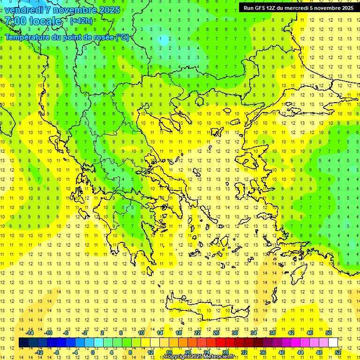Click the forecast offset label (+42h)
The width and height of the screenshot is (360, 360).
pyautogui.click(x=81, y=21)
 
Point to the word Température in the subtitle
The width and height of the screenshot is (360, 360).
pyautogui.click(x=28, y=37)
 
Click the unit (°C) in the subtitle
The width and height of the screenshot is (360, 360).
pyautogui.click(x=122, y=37)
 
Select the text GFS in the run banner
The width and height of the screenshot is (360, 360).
pyautogui.click(x=259, y=8)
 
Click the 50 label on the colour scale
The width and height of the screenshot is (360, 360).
pyautogui.click(x=329, y=333)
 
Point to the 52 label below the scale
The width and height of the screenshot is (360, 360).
pyautogui.click(x=338, y=352)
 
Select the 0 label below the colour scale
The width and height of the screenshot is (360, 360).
pyautogui.click(x=93, y=352)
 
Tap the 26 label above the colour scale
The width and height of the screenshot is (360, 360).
pyautogui.click(x=216, y=333)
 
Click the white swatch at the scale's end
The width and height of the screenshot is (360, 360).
pyautogui.click(x=333, y=343)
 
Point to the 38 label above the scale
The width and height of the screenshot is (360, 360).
pyautogui.click(x=272, y=333)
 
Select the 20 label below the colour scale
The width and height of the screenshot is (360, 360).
pyautogui.click(x=188, y=352)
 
